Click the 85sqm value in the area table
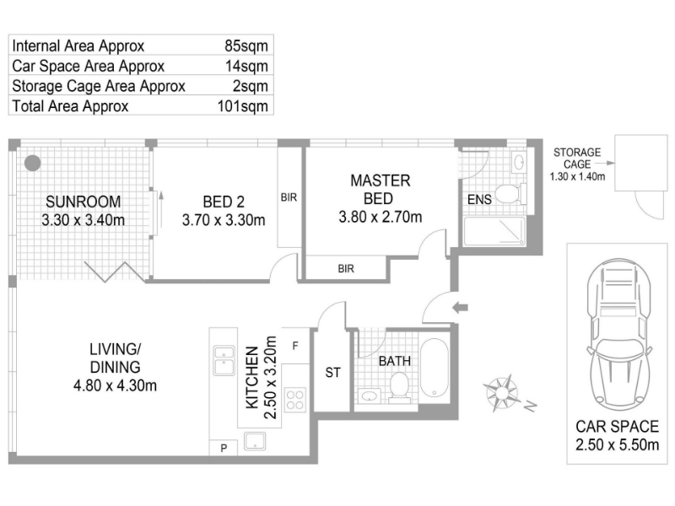pos(246,46)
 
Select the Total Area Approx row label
pos(70,106)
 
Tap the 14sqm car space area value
pos(246,66)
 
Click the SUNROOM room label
pos(83,202)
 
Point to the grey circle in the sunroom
pos(33,163)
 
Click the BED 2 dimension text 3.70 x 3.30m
pos(224,220)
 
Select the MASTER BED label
pos(381,189)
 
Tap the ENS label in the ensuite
pos(479,199)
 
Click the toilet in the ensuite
pos(510,194)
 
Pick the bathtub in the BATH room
pos(435,369)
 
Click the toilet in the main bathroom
pos(399,387)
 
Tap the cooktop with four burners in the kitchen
pos(295,400)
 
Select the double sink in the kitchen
pos(224,361)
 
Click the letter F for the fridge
pos(295,346)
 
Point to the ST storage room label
pos(332,373)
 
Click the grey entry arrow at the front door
pos(460,307)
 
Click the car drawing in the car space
pos(619,333)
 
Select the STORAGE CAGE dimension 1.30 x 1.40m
pos(577,176)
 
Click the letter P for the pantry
pos(224,449)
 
